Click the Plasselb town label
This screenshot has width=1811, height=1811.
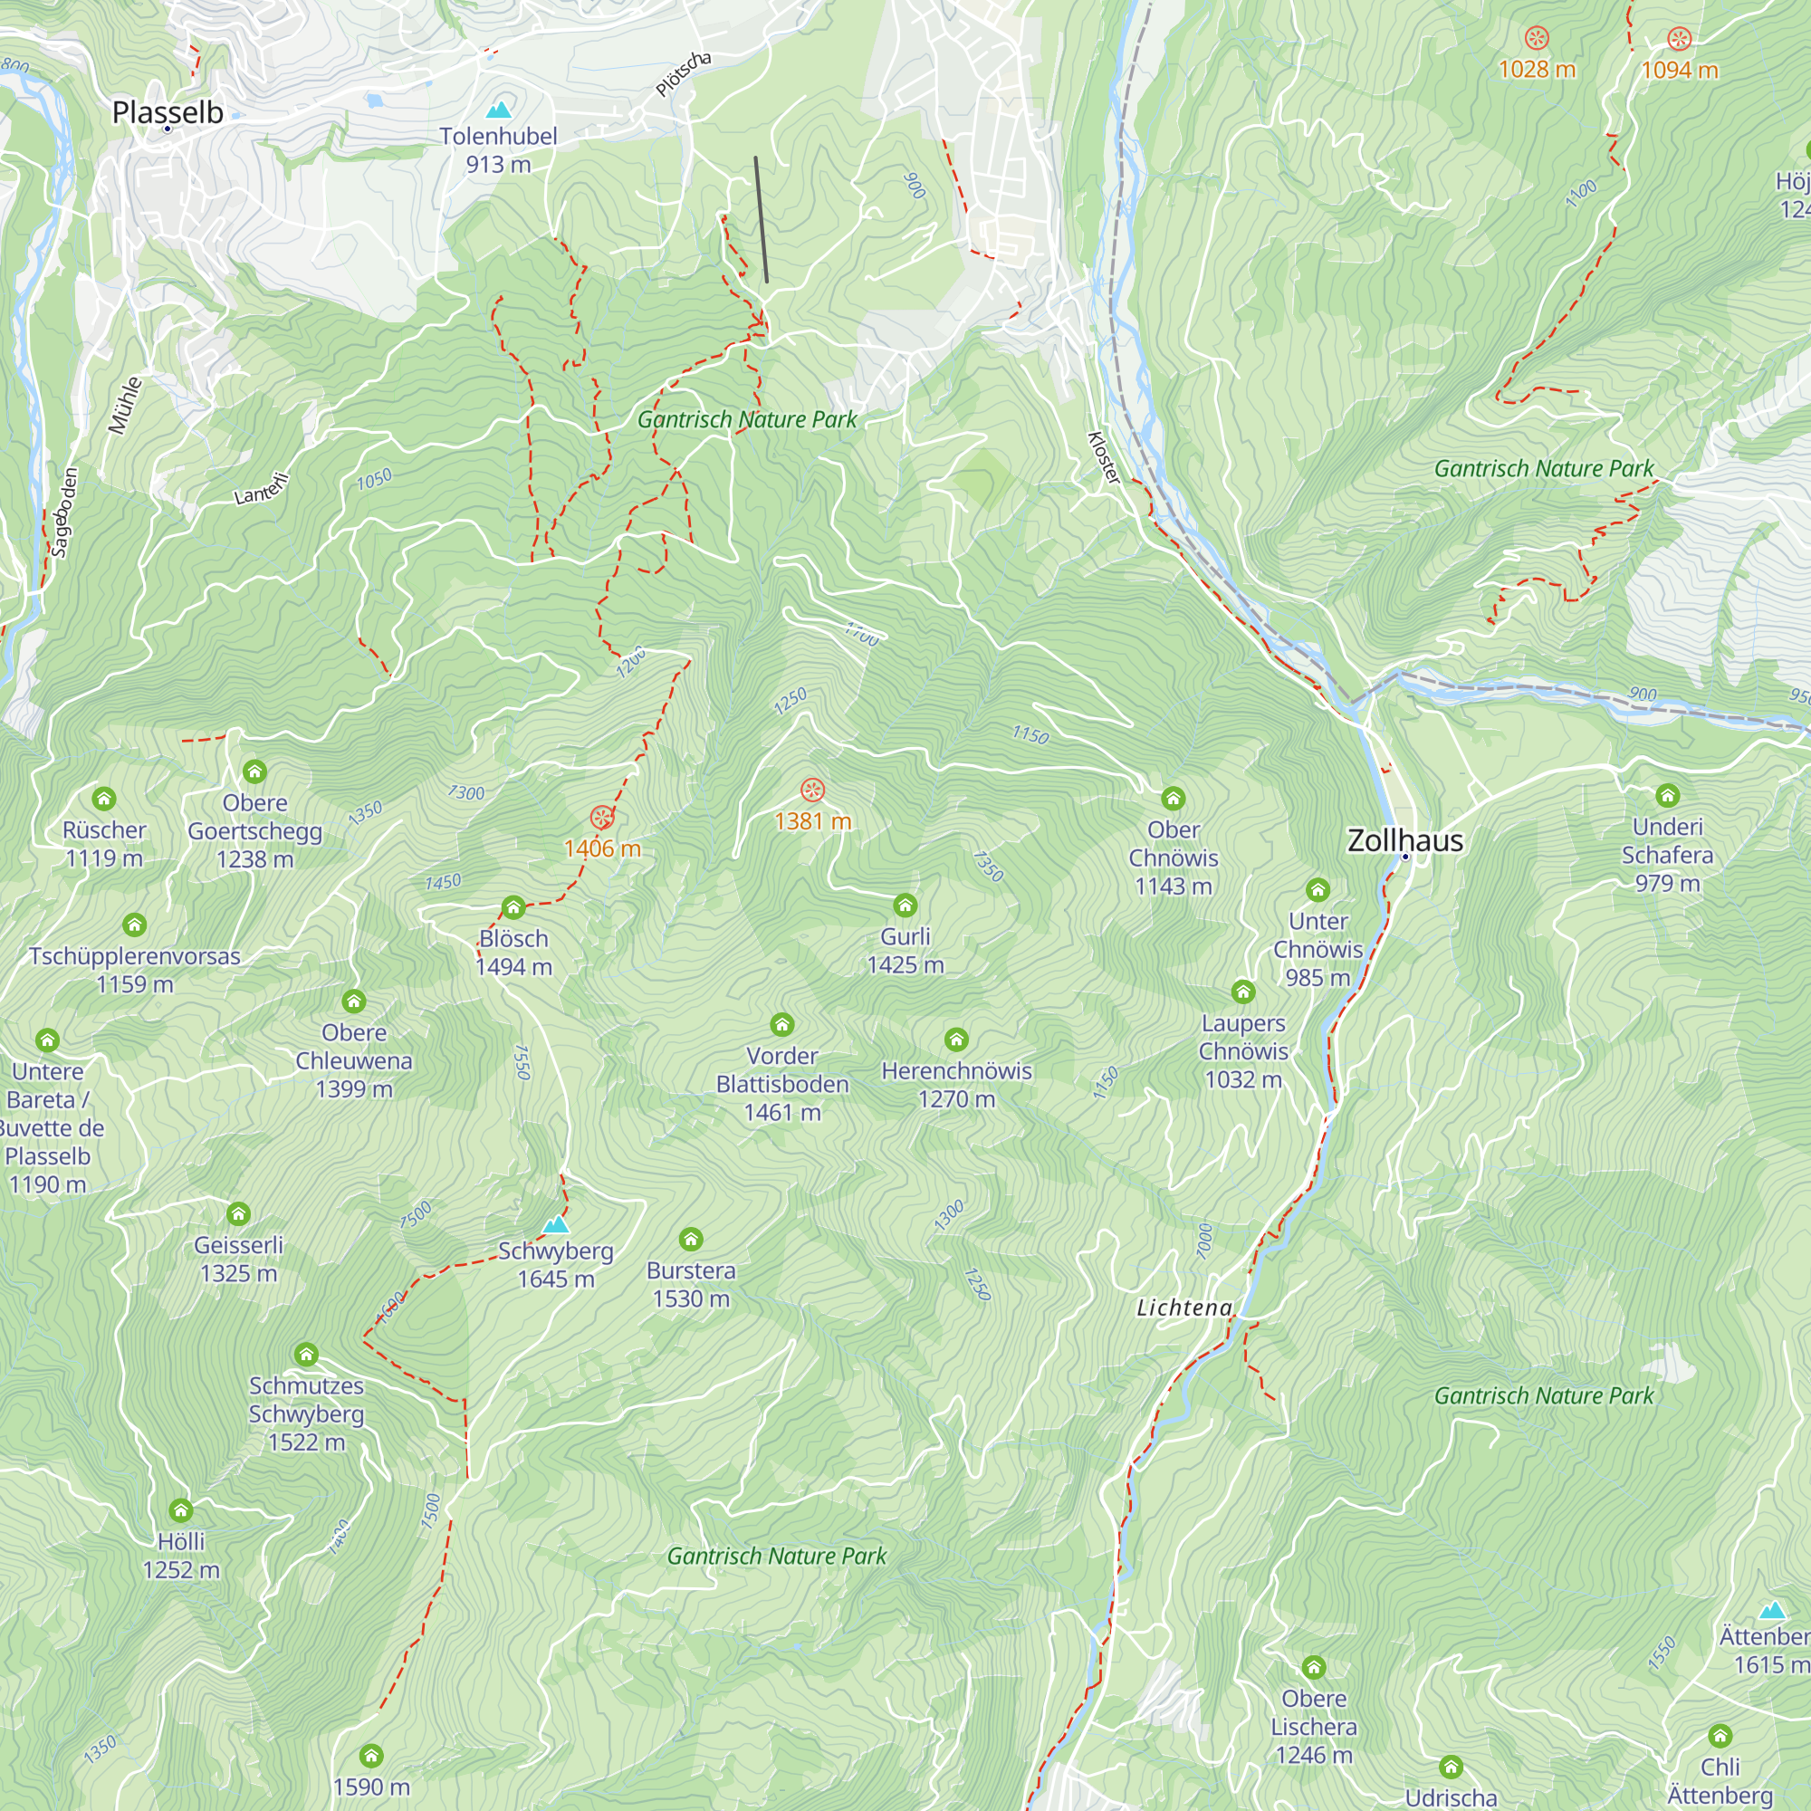167,112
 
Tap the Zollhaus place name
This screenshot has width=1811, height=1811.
1404,841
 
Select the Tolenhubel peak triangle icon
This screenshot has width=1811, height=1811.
500,110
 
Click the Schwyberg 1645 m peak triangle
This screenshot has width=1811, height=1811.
556,1224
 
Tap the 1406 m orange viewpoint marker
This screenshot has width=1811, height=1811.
602,818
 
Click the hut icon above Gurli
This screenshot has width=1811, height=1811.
905,905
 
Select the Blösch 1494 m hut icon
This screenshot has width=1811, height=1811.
513,906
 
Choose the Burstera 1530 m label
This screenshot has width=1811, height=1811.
691,1284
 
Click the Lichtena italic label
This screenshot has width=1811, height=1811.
1183,1308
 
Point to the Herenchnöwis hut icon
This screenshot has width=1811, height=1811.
956,1039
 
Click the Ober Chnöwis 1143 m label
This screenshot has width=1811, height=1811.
1173,858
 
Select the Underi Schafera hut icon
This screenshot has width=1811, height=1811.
1667,795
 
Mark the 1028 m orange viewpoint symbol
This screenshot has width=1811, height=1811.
1537,37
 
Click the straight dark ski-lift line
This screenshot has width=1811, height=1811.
762,219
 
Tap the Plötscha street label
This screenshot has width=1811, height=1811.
683,75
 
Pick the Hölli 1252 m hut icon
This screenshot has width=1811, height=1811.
181,1510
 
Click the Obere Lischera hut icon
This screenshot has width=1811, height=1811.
1313,1667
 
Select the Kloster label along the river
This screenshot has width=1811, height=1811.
1103,457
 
